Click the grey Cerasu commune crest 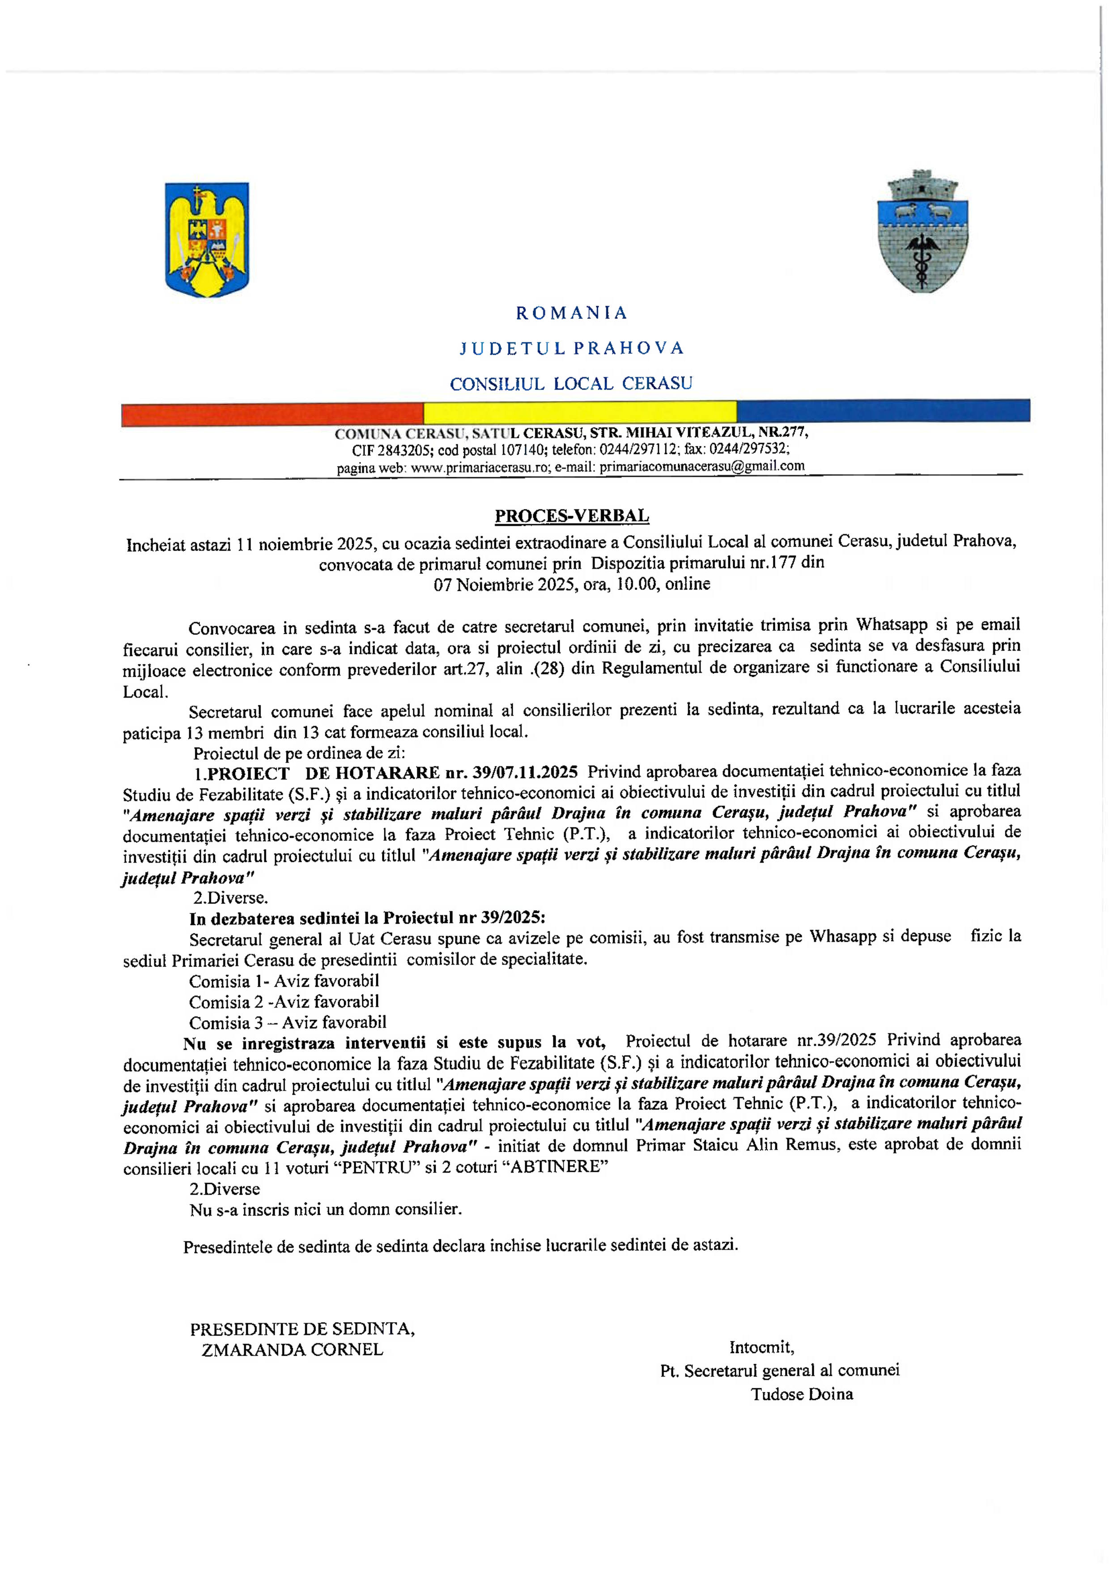[x=922, y=232]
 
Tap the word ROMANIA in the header [x=571, y=313]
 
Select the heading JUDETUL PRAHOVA [x=571, y=348]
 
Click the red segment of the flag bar [x=272, y=414]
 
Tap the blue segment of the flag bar [x=883, y=411]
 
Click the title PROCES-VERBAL [x=571, y=516]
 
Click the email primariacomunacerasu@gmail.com [x=702, y=466]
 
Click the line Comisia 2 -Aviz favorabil [x=284, y=1002]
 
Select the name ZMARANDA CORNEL [x=293, y=1350]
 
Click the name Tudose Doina [x=802, y=1394]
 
